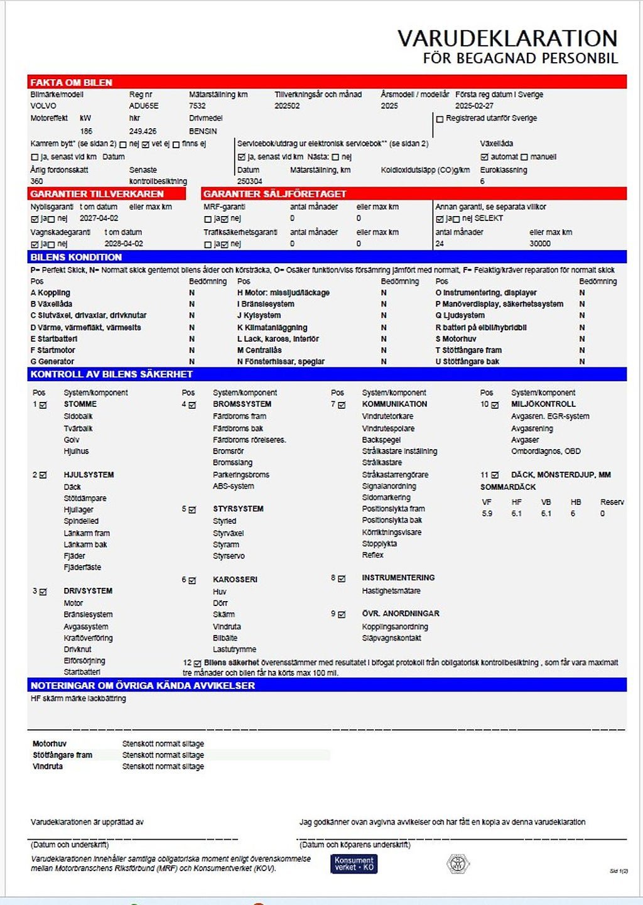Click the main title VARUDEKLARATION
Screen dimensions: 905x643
pos(507,39)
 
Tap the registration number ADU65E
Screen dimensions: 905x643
pos(144,106)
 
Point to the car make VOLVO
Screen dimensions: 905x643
pos(43,106)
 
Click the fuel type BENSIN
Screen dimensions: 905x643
pos(203,131)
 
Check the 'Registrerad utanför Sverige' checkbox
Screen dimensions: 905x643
pos(440,119)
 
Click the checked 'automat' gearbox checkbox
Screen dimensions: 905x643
pos(484,157)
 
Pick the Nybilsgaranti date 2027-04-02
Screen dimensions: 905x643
pos(99,219)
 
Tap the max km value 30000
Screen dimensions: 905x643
pos(539,244)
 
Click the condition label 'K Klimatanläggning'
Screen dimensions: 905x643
pos(272,327)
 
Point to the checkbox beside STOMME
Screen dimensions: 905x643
pos(43,405)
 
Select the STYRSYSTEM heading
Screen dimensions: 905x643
pos(238,509)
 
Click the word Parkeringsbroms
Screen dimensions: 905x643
pos(240,475)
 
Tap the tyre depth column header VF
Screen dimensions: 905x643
pos(487,502)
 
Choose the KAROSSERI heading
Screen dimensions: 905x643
pos(235,580)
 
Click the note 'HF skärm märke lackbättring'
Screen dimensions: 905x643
pos(78,698)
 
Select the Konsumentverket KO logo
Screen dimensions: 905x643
pos(354,864)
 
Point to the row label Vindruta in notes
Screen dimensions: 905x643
pos(48,766)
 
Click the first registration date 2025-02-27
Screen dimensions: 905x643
pos(474,106)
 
